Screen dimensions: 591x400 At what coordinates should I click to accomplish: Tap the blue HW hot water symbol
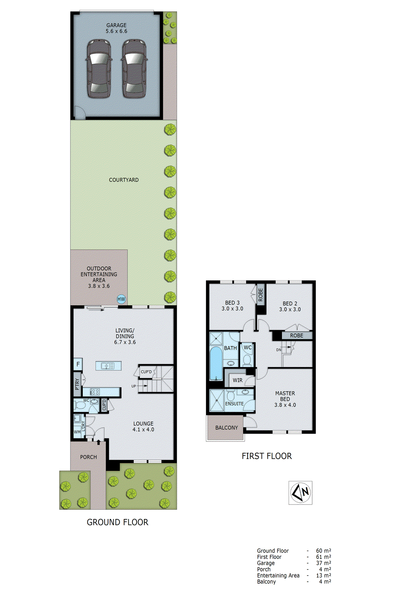pos(121,299)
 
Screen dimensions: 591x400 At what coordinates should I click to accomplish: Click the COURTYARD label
pos(124,180)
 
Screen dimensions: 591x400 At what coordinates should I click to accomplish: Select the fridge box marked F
pos(78,364)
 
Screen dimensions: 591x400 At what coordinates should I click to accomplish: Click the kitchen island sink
pos(108,366)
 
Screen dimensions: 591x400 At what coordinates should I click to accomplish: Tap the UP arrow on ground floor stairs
pos(134,386)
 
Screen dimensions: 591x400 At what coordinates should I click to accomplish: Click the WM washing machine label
pos(77,432)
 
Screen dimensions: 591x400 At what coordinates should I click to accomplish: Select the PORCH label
pos(89,457)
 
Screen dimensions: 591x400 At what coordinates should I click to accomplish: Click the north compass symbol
pos(300,492)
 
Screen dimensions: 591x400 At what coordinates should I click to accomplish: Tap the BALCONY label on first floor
pos(226,428)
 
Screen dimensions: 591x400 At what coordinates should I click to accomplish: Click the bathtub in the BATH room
pos(216,363)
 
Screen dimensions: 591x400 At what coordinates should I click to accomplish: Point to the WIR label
pos(238,380)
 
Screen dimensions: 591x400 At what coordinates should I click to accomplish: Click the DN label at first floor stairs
pos(279,349)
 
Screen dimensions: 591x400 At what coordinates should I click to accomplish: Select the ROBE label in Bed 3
pos(261,294)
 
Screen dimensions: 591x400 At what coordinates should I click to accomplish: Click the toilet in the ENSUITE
pos(231,396)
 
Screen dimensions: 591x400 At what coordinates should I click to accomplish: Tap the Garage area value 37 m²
pos(323,563)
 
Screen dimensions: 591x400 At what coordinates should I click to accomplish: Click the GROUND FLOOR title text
pos(117,522)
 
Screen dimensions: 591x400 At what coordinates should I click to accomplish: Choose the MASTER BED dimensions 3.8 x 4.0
pos(285,405)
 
